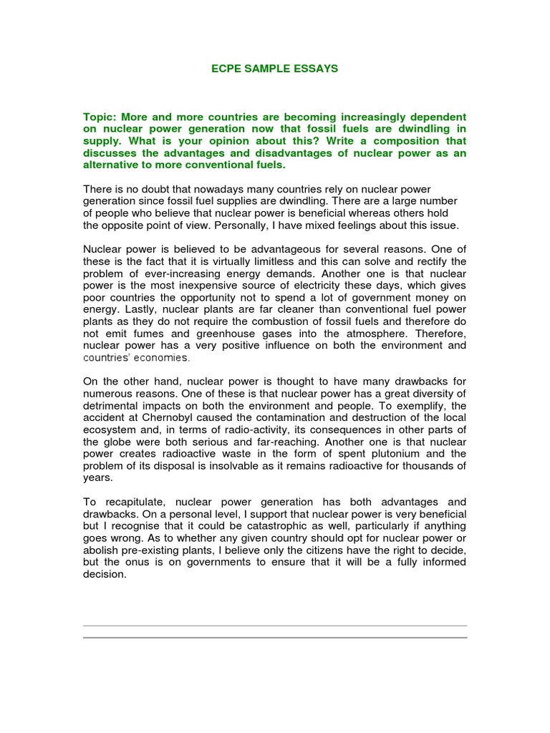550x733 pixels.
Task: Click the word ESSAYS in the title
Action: click(x=312, y=69)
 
